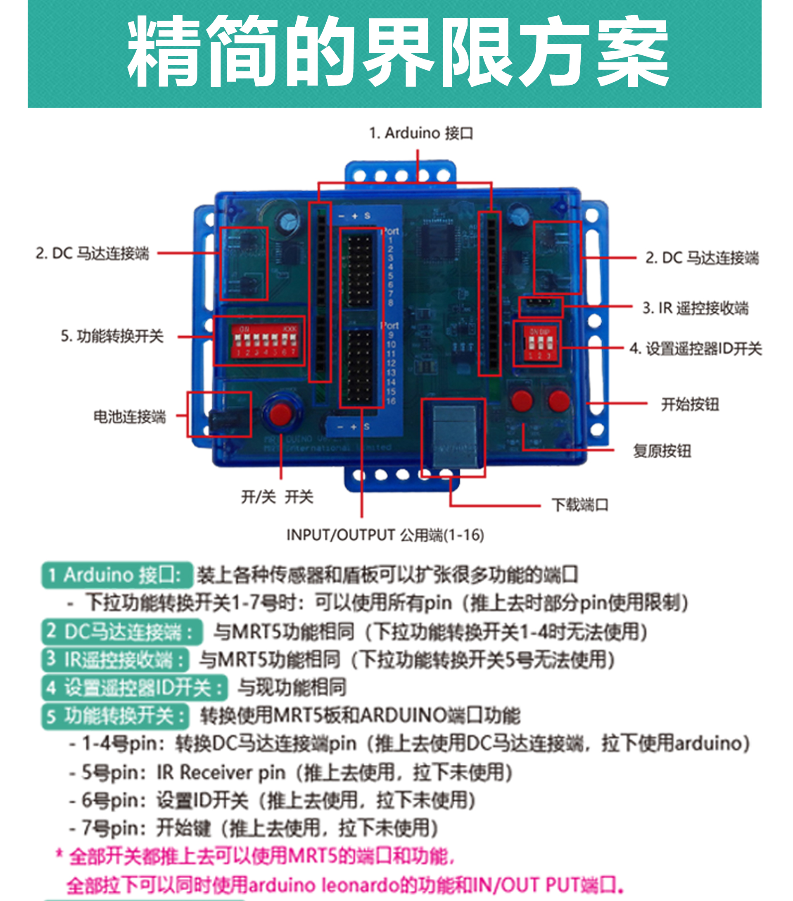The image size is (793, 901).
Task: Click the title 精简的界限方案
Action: pyautogui.click(x=398, y=52)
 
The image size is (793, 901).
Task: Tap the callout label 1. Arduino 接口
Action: pyautogui.click(x=420, y=133)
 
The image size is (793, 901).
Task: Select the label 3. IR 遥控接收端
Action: pyautogui.click(x=695, y=308)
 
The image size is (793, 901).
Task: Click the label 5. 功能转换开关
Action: pyautogui.click(x=112, y=336)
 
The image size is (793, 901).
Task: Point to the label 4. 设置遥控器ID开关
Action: pyautogui.click(x=696, y=349)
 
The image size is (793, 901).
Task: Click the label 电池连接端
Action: pyautogui.click(x=130, y=416)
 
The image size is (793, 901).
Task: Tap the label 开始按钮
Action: pyautogui.click(x=690, y=404)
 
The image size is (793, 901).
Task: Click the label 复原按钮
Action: pyautogui.click(x=662, y=451)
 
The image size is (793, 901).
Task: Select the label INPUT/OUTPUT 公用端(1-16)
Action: pyautogui.click(x=385, y=535)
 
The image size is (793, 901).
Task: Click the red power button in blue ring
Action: pyautogui.click(x=280, y=414)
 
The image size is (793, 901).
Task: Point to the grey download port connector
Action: pyautogui.click(x=454, y=436)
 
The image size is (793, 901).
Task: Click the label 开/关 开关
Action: pyautogui.click(x=277, y=497)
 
